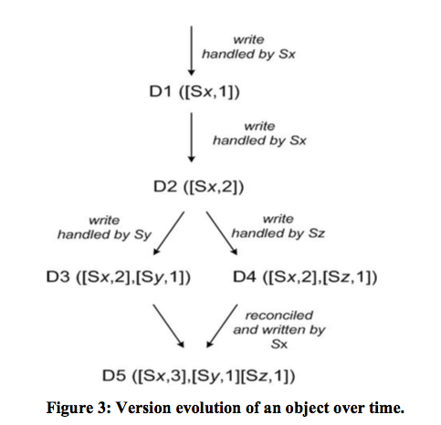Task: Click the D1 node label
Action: (194, 91)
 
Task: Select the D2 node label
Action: (199, 186)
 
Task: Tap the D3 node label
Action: (119, 276)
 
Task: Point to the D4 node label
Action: (305, 276)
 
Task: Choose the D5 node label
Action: (199, 376)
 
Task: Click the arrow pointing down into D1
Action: (192, 50)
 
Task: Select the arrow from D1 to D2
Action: (192, 137)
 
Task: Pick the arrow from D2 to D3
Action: (169, 233)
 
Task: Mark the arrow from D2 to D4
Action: (222, 233)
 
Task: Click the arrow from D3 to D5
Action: (169, 326)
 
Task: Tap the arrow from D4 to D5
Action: (222, 326)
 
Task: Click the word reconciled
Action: (279, 316)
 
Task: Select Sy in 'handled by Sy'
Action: (142, 235)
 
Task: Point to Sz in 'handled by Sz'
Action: (317, 233)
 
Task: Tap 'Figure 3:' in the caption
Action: (79, 408)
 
